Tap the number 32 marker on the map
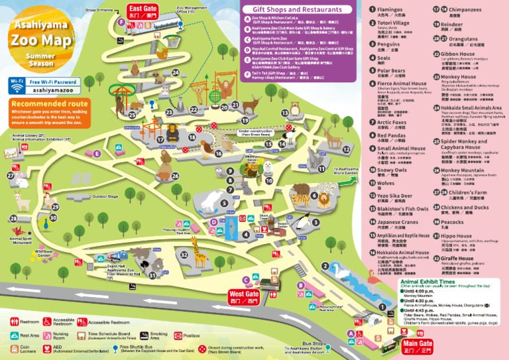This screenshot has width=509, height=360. [184, 255]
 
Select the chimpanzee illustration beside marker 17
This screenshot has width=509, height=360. [169, 131]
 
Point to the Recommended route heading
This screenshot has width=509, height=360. [50, 104]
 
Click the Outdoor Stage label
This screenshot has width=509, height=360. [105, 197]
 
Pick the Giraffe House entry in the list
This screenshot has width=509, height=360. [457, 258]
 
